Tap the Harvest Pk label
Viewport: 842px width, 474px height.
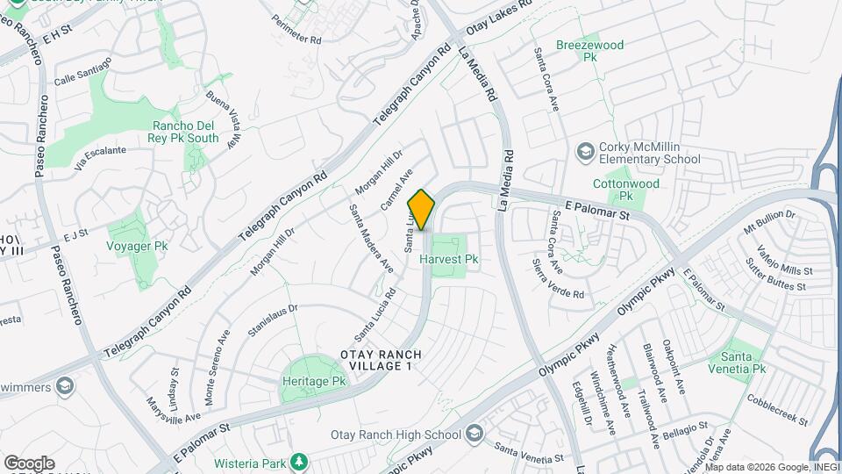tap(448, 260)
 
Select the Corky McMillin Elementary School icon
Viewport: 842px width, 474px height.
tap(584, 153)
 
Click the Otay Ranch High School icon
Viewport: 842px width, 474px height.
tap(475, 434)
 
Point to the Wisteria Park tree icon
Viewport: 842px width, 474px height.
tap(299, 461)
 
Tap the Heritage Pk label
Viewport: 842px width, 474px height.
tap(315, 382)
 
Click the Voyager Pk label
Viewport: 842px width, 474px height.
tap(137, 247)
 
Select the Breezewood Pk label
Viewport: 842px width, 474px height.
tap(589, 51)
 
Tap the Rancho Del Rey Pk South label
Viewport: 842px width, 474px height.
tap(185, 132)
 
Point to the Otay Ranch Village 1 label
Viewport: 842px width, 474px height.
tap(381, 361)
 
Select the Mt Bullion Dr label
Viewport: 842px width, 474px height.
tap(769, 221)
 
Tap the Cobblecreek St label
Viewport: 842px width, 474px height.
tap(778, 409)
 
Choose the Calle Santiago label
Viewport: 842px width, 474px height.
tap(83, 70)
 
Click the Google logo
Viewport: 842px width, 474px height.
tap(29, 463)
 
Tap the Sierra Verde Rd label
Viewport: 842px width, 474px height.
tap(559, 279)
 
